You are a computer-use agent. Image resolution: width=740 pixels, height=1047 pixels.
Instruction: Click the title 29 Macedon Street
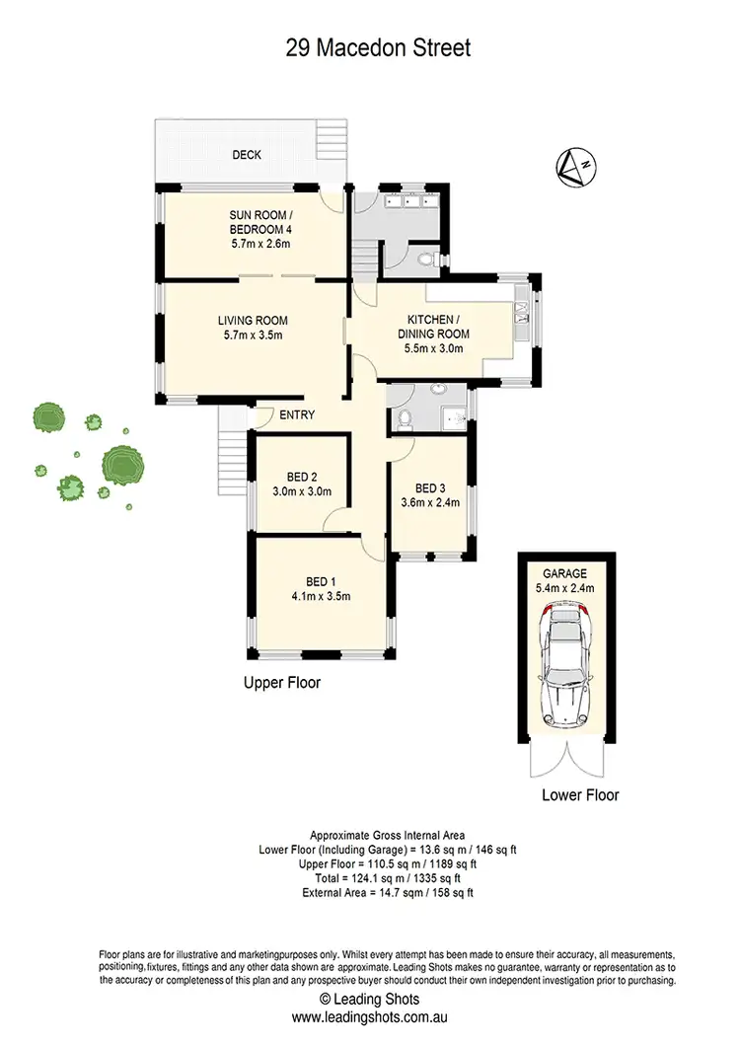pos(369,46)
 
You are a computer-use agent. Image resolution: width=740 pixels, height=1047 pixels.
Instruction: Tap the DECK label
pos(247,155)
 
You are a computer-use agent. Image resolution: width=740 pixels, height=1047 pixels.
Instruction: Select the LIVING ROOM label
pos(253,320)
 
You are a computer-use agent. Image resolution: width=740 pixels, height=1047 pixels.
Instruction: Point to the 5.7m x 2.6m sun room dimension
pos(253,243)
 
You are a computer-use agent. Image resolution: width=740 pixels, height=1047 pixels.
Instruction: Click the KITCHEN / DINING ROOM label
pos(431,320)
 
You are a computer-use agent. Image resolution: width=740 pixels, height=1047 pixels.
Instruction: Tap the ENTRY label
pos(297,415)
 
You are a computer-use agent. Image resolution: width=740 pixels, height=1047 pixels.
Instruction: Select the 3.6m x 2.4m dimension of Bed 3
pos(430,502)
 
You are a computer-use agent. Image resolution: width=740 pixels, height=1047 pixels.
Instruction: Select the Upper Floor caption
pos(282,682)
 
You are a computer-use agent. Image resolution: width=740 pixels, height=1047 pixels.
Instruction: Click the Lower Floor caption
pos(581,794)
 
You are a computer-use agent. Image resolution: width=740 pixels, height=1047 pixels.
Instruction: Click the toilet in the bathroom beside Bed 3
pos(402,418)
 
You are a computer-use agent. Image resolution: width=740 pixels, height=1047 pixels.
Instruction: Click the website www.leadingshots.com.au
pos(370,1015)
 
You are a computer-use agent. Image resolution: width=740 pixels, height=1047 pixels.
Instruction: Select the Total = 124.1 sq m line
pos(369,877)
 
